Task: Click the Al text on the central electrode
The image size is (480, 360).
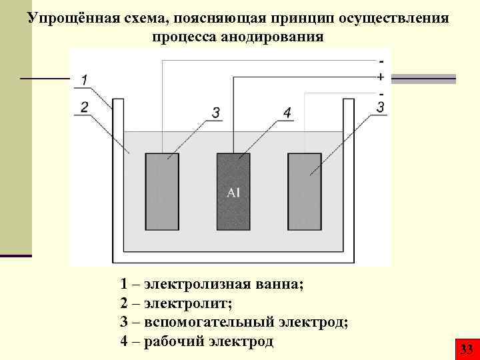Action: (233, 193)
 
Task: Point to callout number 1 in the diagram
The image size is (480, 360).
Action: (84, 81)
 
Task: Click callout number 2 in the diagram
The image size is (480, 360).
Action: (84, 107)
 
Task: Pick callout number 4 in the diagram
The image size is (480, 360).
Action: (287, 114)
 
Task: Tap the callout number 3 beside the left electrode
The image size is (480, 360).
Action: (216, 114)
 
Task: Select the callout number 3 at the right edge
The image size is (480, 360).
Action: (381, 107)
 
